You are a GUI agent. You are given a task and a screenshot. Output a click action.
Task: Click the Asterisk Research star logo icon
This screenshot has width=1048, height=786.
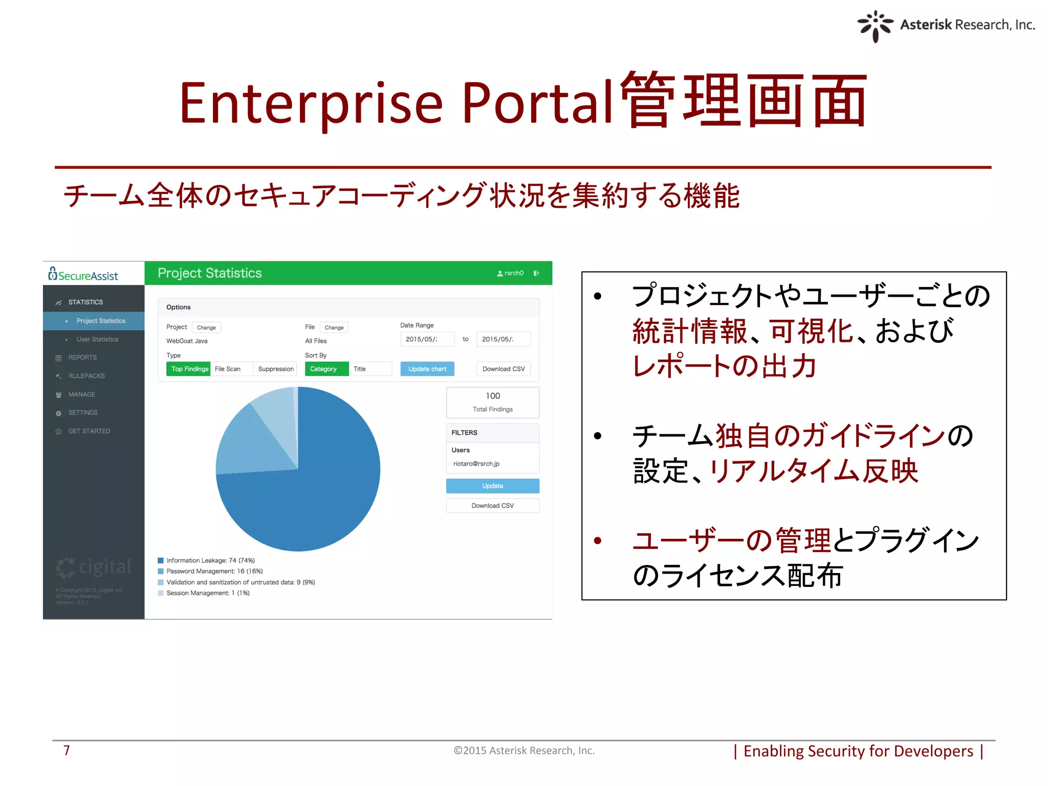pyautogui.click(x=875, y=26)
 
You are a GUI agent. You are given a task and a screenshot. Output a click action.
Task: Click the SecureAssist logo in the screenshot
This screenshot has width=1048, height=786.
pyautogui.click(x=83, y=275)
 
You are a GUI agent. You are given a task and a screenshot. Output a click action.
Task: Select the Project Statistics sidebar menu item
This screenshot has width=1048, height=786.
pyautogui.click(x=100, y=321)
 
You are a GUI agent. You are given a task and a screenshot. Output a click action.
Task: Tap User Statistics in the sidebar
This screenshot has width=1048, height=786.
pyautogui.click(x=97, y=339)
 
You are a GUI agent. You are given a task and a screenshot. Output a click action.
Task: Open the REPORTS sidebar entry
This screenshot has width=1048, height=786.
pyautogui.click(x=82, y=358)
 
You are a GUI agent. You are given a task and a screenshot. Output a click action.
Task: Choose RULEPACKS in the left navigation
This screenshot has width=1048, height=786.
pyautogui.click(x=86, y=376)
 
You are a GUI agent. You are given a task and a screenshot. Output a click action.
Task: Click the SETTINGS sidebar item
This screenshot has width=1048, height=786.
pyautogui.click(x=83, y=413)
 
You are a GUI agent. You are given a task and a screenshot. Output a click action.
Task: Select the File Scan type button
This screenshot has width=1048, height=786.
pyautogui.click(x=228, y=369)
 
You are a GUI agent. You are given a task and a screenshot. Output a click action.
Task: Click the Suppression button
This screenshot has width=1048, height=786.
pyautogui.click(x=276, y=369)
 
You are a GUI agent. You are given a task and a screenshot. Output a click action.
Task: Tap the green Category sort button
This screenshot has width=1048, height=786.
pyautogui.click(x=323, y=369)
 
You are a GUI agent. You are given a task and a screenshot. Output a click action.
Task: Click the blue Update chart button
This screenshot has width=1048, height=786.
pyautogui.click(x=427, y=369)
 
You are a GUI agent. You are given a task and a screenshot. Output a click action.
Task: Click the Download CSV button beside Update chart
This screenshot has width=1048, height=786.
pyautogui.click(x=504, y=369)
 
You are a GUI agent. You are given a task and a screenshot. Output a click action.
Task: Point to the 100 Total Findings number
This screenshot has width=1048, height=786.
pyautogui.click(x=493, y=396)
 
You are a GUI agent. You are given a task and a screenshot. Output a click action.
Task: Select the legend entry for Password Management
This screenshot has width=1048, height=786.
pyautogui.click(x=214, y=572)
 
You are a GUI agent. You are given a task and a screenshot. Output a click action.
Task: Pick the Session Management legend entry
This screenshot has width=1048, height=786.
pyautogui.click(x=208, y=594)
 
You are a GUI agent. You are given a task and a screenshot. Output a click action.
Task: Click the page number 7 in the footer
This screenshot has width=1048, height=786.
pyautogui.click(x=67, y=751)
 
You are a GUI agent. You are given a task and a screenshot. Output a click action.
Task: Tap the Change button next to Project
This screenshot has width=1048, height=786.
pyautogui.click(x=206, y=327)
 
